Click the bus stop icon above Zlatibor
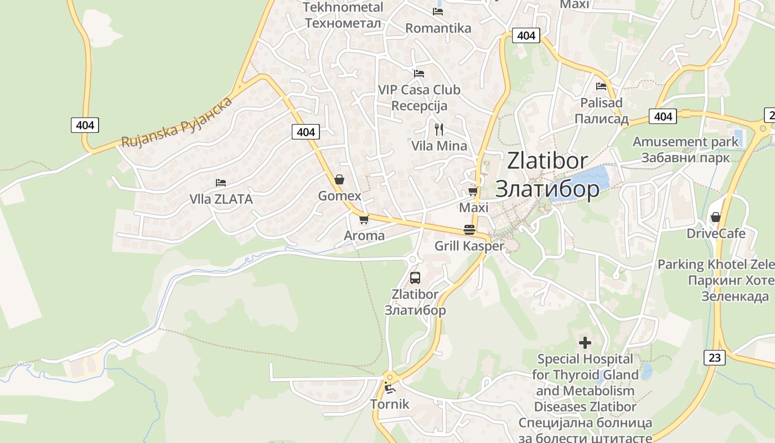[415, 278]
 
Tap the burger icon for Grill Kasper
[469, 230]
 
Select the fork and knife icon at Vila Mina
[439, 130]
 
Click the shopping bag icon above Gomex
[339, 179]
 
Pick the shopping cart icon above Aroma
[364, 219]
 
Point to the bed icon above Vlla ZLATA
[221, 182]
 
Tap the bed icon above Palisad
[601, 86]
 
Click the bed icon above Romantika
[438, 12]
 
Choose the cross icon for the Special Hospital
[585, 343]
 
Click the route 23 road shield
[715, 358]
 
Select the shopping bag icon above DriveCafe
[716, 217]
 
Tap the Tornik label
[390, 404]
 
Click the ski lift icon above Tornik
[390, 387]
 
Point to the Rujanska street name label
[177, 122]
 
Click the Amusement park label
[685, 142]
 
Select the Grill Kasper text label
[469, 246]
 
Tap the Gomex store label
[339, 196]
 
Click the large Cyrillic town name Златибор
[547, 189]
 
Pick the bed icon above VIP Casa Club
[419, 73]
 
